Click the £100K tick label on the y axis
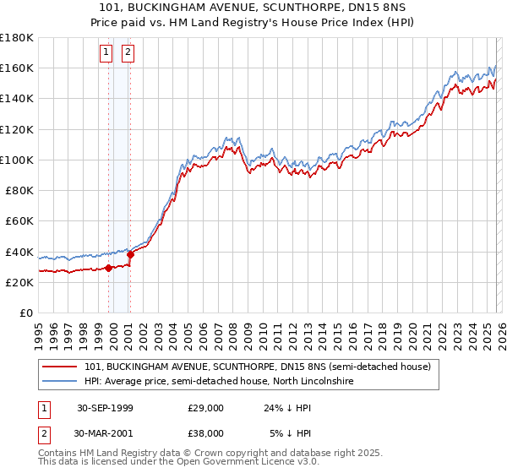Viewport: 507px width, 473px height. tap(16, 160)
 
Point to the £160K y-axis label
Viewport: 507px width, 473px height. tap(16, 68)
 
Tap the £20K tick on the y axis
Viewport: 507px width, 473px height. tap(19, 283)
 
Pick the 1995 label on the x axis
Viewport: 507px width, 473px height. tap(38, 329)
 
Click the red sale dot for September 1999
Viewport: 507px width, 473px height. tap(109, 269)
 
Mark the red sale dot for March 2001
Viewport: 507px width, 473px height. tap(131, 255)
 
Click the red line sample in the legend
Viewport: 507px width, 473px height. tap(61, 367)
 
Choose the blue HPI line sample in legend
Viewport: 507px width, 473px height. tap(61, 382)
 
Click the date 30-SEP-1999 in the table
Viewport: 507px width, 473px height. tap(105, 407)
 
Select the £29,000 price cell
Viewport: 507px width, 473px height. tap(206, 407)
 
